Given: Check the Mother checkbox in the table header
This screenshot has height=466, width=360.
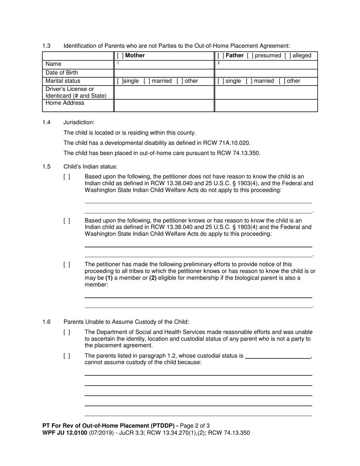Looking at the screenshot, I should tap(120, 56).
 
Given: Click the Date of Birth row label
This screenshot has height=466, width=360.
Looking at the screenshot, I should tap(62, 73).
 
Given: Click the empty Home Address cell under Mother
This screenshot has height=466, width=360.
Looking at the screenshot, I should tap(164, 106).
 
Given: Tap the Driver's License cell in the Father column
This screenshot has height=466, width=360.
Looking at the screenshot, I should tap(266, 92).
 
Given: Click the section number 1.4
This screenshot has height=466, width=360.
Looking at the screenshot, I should tap(47, 122).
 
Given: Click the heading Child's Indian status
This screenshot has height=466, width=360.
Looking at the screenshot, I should tap(91, 167).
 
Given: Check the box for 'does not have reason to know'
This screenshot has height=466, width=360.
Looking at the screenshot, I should tap(67, 177).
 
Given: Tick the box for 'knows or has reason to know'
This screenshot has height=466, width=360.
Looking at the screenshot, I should tap(67, 220).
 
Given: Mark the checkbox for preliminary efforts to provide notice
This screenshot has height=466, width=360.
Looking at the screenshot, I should tap(67, 264).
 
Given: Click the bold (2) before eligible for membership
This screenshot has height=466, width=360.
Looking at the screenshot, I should tap(153, 278).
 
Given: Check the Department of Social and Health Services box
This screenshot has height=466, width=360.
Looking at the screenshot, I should tap(67, 332).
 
